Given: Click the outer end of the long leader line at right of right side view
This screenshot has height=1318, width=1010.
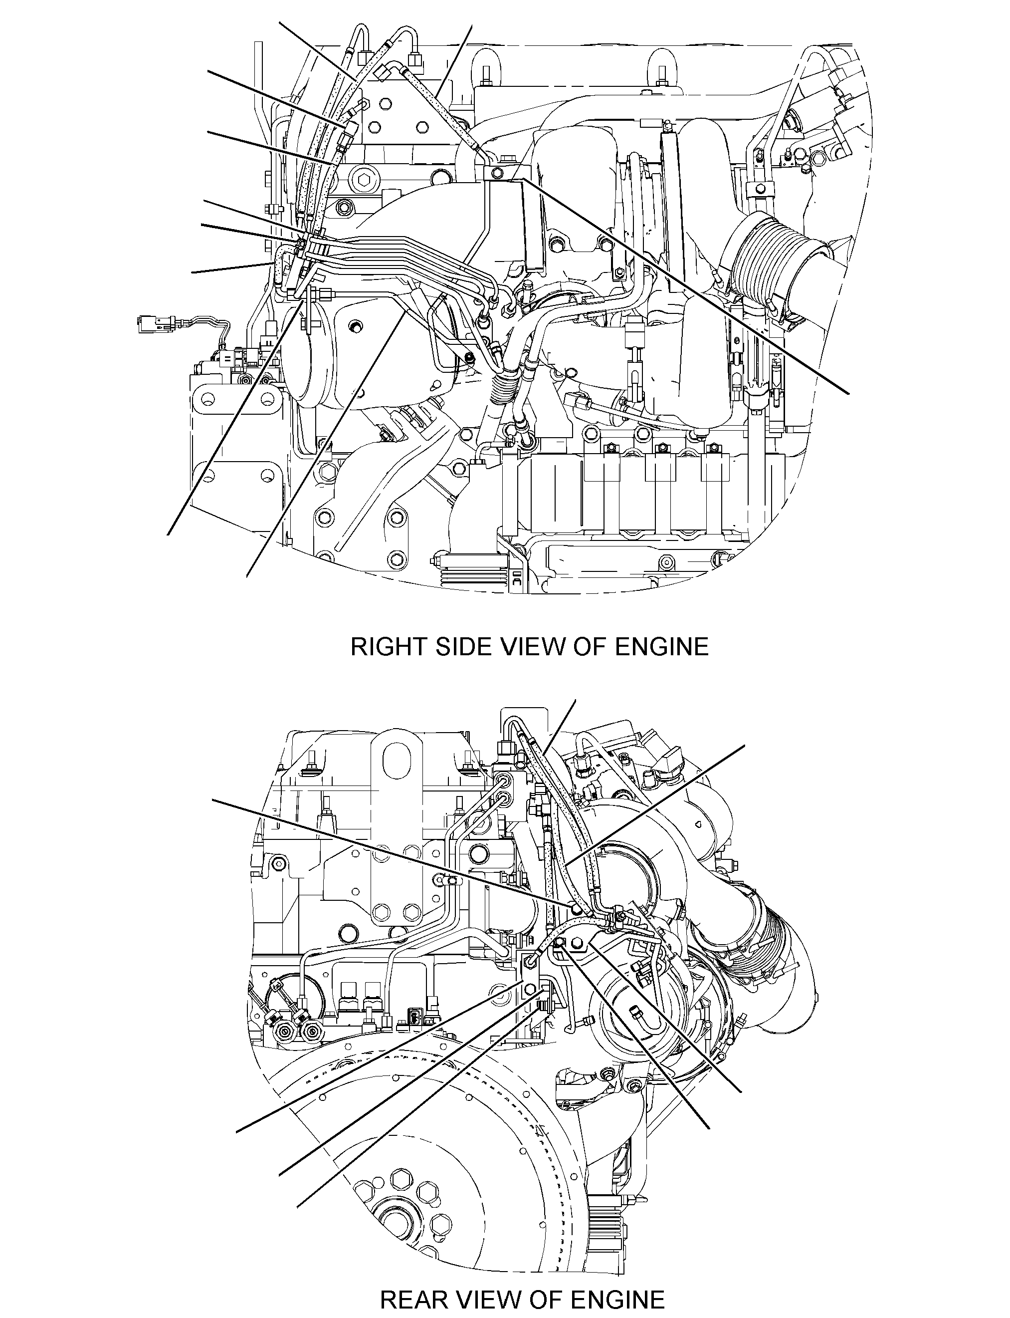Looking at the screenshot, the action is tap(849, 394).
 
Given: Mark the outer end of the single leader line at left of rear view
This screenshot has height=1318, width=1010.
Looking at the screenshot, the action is tap(213, 800).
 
